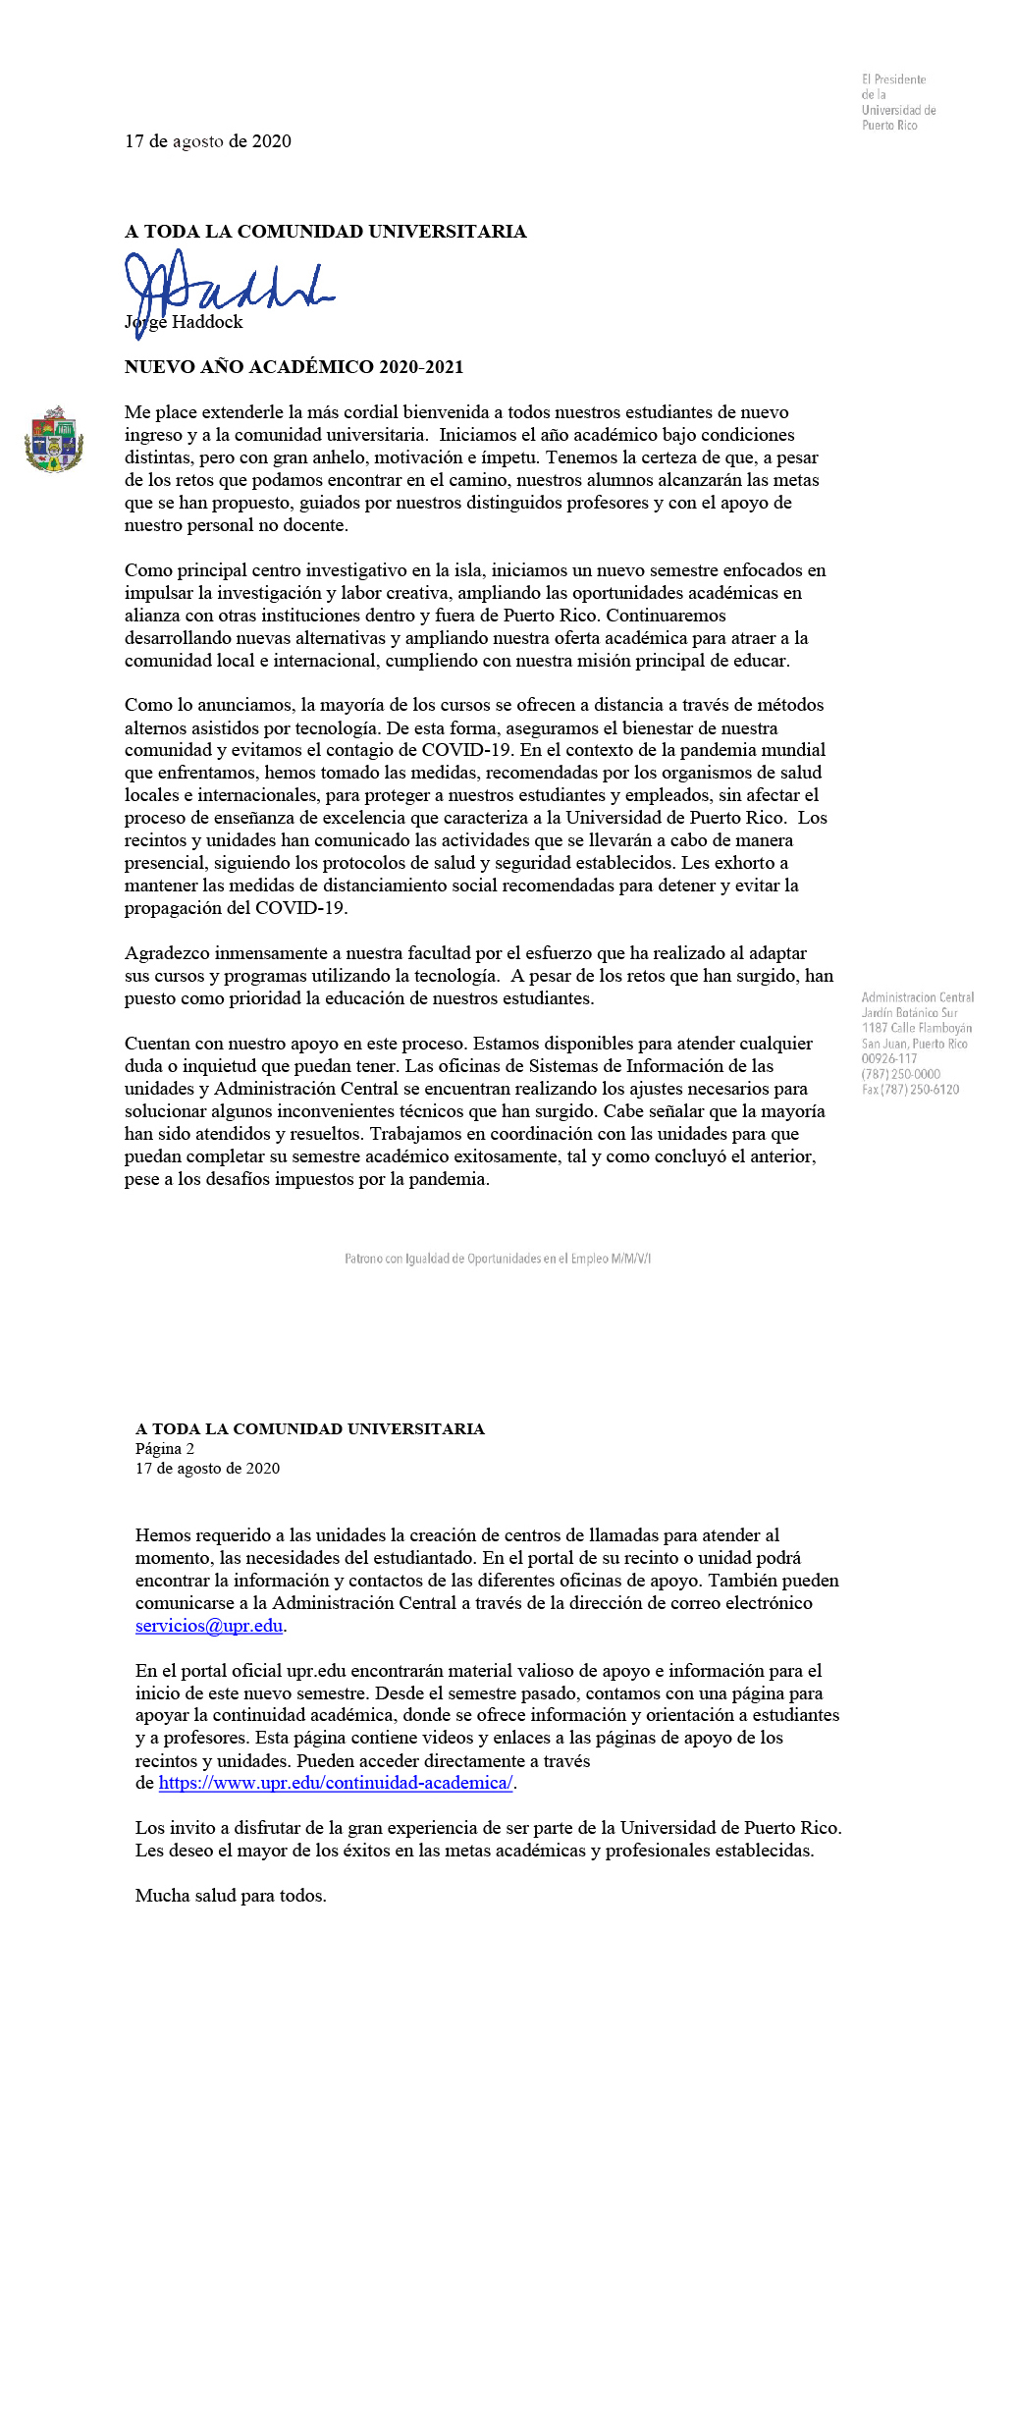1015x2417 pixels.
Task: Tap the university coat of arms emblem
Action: tap(54, 439)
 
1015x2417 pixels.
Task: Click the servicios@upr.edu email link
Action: tap(209, 1626)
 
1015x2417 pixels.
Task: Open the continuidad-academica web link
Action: tap(335, 1783)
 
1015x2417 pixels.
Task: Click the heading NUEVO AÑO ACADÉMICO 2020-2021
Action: tap(294, 367)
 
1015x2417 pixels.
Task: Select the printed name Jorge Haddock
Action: tap(184, 322)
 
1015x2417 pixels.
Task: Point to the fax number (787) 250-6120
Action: tap(910, 1090)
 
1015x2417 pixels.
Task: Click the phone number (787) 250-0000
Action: tap(900, 1074)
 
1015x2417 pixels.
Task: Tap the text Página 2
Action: tap(165, 1449)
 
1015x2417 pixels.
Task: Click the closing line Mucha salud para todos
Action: tap(231, 1896)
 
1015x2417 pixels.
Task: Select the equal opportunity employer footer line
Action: tap(498, 1259)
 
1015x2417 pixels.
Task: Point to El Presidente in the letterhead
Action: tap(893, 80)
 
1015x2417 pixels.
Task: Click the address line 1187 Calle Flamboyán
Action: tap(916, 1028)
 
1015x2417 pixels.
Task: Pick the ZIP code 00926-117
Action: tap(888, 1058)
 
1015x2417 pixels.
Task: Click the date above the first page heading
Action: tap(208, 141)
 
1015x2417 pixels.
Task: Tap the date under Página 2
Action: tap(207, 1469)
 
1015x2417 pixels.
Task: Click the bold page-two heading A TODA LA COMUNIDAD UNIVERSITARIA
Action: tap(310, 1429)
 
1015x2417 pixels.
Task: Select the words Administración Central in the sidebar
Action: tap(917, 997)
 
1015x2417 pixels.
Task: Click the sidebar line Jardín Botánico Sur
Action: tap(909, 1012)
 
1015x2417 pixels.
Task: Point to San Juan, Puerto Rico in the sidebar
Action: tap(914, 1044)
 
